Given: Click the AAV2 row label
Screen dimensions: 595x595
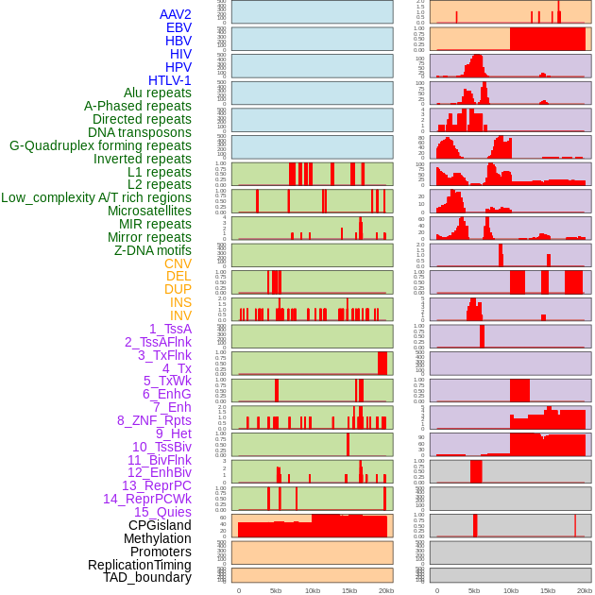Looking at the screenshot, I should (175, 14).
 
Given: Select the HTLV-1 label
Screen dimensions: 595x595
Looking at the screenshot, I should (169, 80).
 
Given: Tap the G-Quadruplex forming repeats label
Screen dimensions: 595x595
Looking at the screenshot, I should (100, 145).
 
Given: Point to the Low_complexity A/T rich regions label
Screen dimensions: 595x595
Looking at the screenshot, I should (96, 197).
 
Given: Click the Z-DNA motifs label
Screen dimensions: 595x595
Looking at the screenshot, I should (153, 250).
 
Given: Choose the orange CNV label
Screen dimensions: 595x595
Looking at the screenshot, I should (178, 263).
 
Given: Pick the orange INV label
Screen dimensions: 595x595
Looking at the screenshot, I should (180, 315).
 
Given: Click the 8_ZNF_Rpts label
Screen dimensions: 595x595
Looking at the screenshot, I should (154, 420).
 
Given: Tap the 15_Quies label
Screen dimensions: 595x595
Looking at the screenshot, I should (161, 512).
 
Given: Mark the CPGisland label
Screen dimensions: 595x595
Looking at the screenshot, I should (160, 525).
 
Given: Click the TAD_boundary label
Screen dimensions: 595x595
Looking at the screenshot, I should (146, 577).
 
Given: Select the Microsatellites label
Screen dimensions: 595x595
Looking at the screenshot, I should (149, 211).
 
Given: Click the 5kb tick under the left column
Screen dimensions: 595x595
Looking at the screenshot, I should (276, 590).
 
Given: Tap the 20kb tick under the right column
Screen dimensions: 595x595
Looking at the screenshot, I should (585, 590).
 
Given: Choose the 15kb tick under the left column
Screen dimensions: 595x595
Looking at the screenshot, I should (348, 590).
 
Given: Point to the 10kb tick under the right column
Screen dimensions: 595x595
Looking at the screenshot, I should (511, 590).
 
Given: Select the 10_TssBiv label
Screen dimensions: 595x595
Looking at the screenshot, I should (161, 447).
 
